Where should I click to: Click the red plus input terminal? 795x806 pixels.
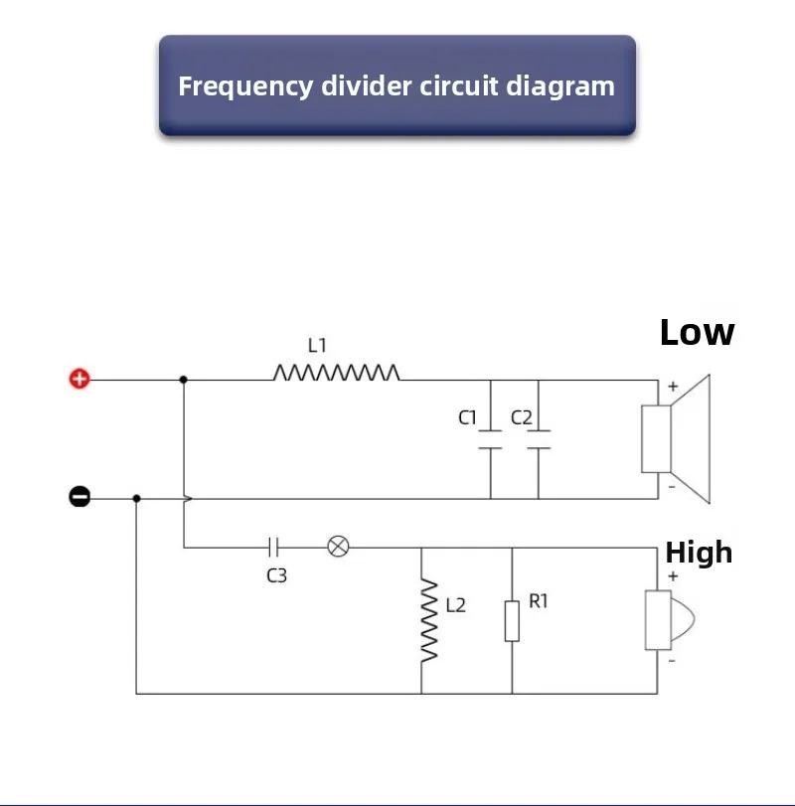79,380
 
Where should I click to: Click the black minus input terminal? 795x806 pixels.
79,497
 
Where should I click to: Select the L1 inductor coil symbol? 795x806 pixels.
336,373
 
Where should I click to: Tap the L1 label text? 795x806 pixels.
317,346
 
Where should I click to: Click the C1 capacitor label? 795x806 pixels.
467,417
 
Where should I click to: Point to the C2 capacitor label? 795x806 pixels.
521,417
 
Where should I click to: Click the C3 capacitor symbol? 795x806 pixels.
273,548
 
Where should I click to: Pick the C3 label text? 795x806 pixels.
276,575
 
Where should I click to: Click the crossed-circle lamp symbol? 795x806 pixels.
338,547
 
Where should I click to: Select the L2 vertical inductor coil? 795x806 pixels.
429,620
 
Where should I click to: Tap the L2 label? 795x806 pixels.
456,605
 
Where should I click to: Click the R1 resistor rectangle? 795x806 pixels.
512,621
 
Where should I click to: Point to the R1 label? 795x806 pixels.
538,601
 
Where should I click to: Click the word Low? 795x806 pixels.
698,333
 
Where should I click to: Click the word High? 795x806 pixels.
699,553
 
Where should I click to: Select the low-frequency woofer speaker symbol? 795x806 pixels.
676,439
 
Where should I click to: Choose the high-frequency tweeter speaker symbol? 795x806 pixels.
669,620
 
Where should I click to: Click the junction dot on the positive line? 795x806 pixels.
184,380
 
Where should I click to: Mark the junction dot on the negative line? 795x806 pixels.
136,498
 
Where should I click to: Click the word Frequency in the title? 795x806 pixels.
245,86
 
